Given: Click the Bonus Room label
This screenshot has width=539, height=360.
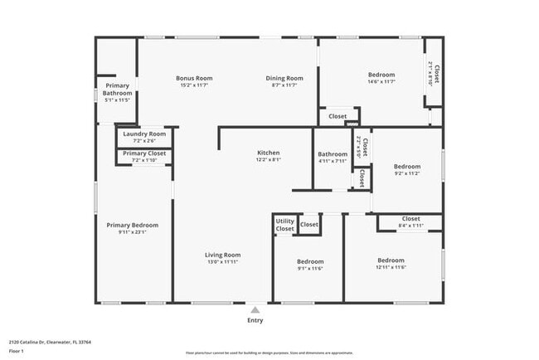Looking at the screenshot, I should [x=188, y=78].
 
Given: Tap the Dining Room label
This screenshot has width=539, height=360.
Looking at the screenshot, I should [x=284, y=78].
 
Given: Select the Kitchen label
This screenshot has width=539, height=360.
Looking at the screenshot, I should [x=268, y=153].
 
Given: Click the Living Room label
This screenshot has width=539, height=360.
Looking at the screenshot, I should [x=223, y=255].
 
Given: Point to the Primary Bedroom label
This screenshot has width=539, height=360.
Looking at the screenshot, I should [x=132, y=225].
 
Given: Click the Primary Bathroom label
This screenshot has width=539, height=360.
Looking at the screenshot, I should [x=117, y=90].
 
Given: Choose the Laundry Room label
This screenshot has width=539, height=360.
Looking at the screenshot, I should [x=144, y=134].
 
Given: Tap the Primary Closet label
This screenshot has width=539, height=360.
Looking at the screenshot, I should [x=144, y=153].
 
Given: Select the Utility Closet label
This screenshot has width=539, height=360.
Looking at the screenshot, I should [x=284, y=225].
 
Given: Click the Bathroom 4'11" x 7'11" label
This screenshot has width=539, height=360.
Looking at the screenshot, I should [x=333, y=154].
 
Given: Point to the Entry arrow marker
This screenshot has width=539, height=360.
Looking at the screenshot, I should [x=255, y=309].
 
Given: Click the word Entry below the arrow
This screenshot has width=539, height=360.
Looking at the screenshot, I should [x=255, y=320].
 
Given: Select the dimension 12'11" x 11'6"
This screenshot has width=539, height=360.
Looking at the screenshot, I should [x=391, y=267].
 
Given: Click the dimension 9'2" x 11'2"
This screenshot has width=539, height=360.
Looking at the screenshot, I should [x=407, y=173].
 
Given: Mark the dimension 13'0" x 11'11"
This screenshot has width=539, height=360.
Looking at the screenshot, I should [x=223, y=262].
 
